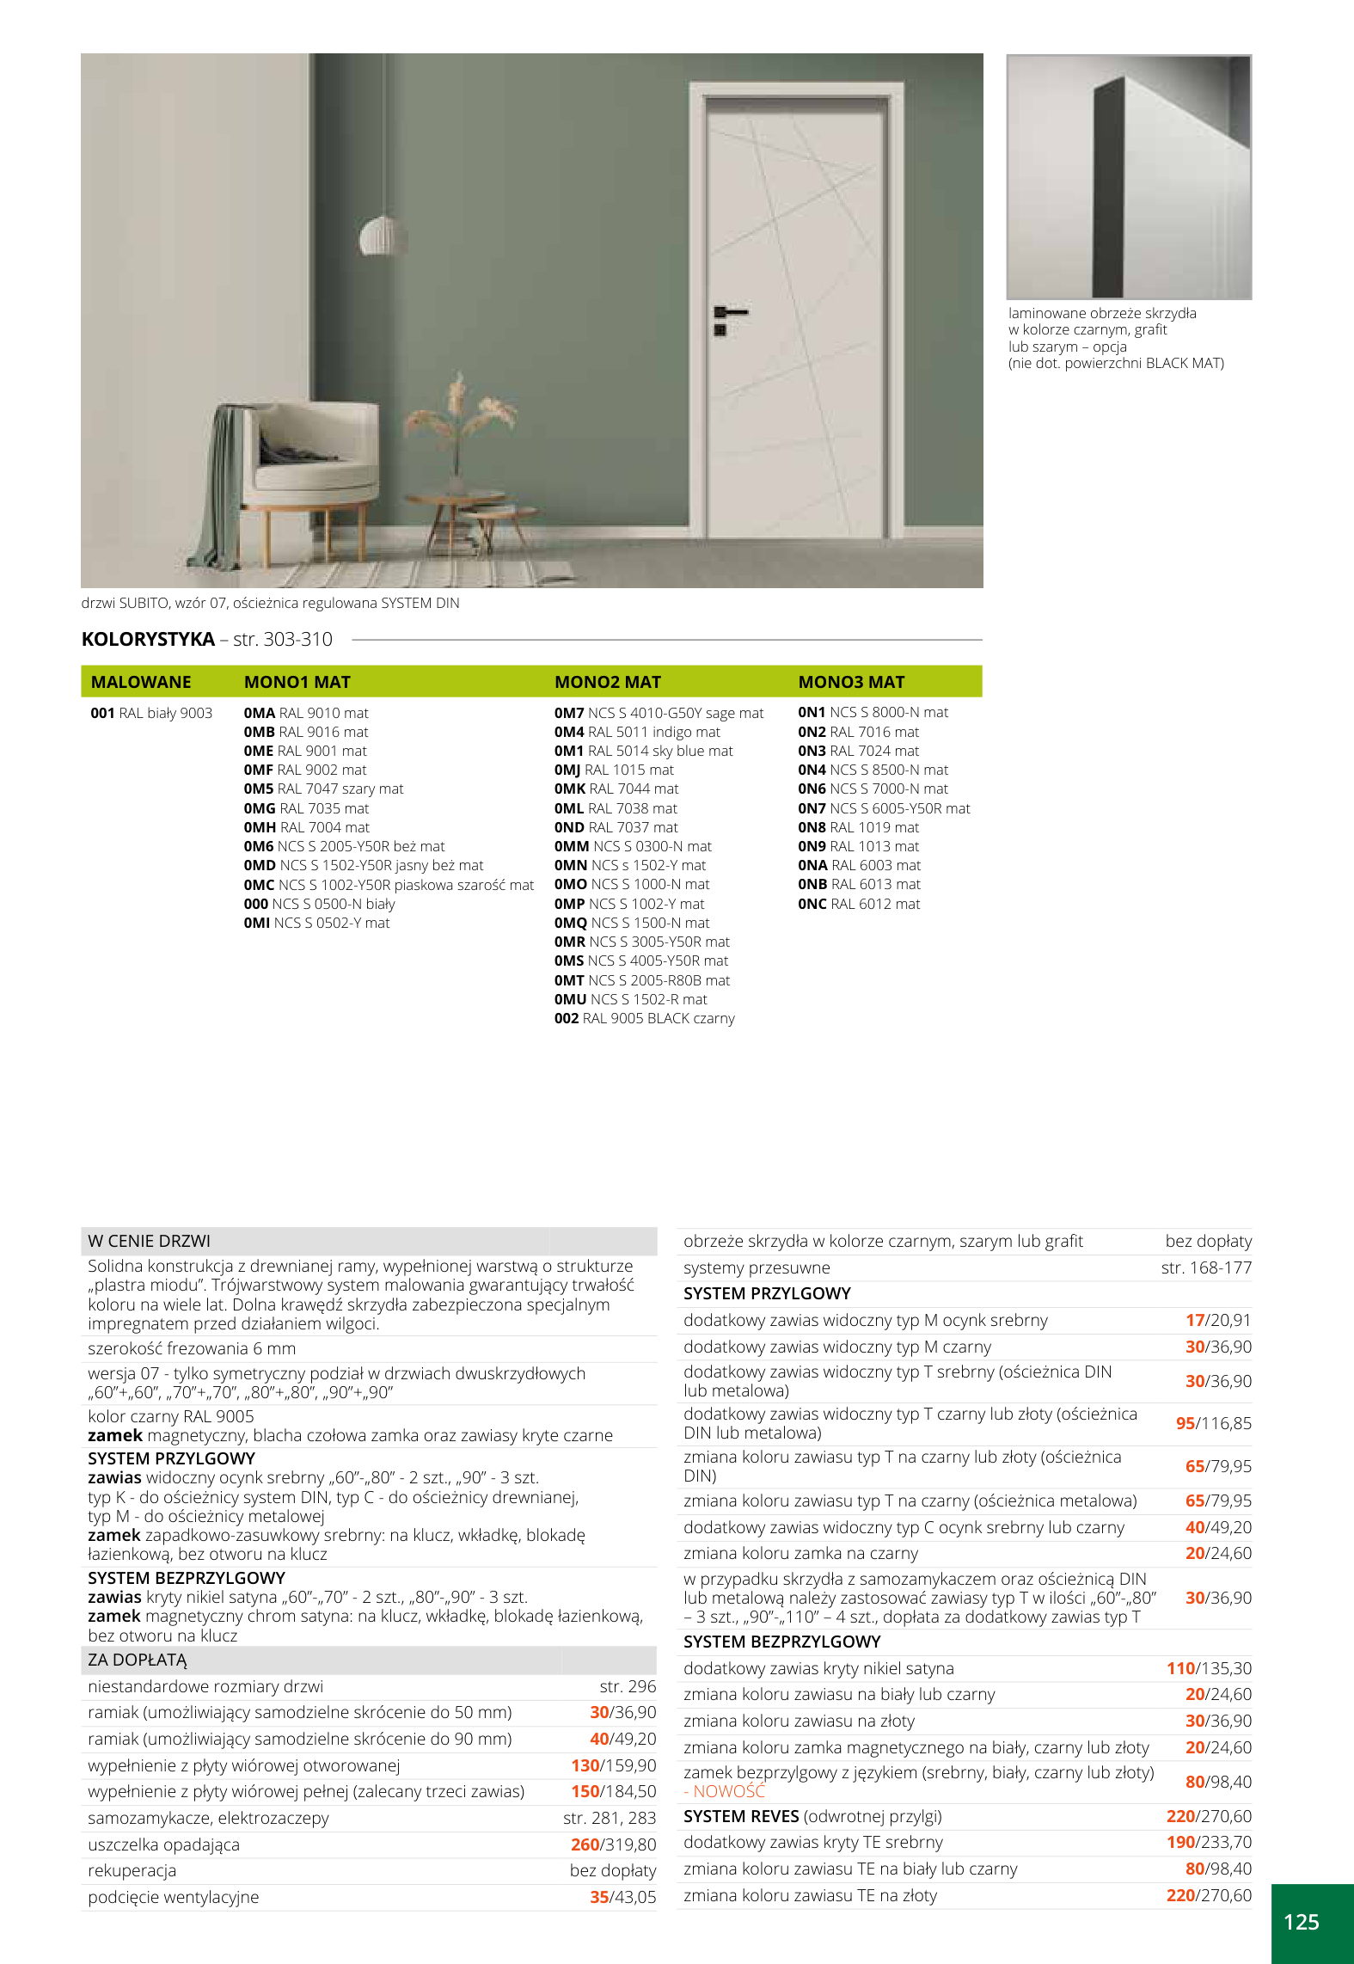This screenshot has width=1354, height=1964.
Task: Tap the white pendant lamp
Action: click(x=383, y=235)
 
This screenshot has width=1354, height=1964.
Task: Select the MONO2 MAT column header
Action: click(x=607, y=682)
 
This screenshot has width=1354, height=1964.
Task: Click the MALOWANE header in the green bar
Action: click(x=141, y=682)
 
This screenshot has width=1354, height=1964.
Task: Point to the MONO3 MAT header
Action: click(x=851, y=682)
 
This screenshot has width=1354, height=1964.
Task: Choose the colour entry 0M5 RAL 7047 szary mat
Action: click(x=323, y=789)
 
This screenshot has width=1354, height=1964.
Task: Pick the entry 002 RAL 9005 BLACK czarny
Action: click(x=644, y=1018)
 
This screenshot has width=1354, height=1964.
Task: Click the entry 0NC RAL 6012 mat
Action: click(x=858, y=904)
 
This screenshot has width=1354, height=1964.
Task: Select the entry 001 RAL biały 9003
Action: click(x=151, y=713)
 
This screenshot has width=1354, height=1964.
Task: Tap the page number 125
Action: click(x=1301, y=1922)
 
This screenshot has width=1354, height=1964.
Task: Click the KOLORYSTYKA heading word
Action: click(x=148, y=639)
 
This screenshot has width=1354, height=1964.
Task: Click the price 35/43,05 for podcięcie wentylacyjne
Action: click(x=622, y=1897)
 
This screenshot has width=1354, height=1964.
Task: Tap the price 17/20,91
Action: click(x=1218, y=1320)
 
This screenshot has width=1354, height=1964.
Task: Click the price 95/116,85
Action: click(x=1213, y=1423)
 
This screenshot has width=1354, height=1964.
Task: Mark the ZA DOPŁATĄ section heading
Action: click(x=138, y=1660)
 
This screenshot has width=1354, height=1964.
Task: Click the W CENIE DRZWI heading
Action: click(x=149, y=1241)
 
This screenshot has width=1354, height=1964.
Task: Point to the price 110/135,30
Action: click(x=1209, y=1668)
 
